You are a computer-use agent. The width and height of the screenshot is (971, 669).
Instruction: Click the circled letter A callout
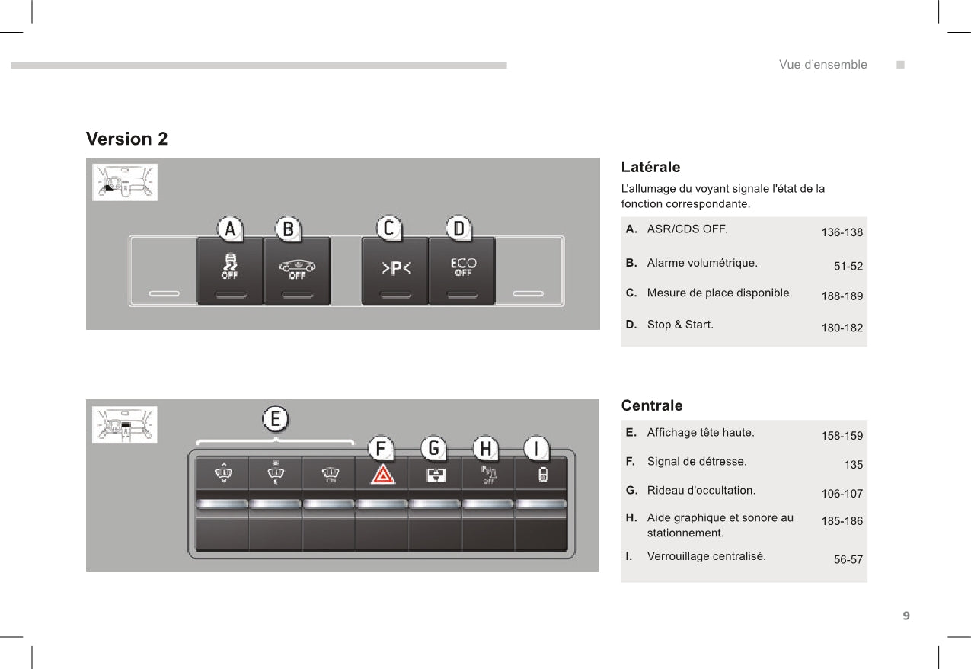click(x=230, y=229)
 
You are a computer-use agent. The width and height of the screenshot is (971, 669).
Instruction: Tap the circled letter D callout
click(x=458, y=229)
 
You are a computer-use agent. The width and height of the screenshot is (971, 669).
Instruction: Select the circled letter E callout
click(x=275, y=419)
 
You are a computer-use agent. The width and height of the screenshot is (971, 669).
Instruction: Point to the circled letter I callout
click(x=537, y=448)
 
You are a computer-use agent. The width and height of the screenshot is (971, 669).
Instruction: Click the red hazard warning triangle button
click(x=383, y=474)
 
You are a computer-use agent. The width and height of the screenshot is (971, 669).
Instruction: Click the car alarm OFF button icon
click(x=297, y=269)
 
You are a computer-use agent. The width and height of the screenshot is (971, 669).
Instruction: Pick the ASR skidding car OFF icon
click(x=230, y=266)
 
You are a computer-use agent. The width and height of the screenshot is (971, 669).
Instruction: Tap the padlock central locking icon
click(x=543, y=475)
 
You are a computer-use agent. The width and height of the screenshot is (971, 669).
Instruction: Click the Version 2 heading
click(x=126, y=139)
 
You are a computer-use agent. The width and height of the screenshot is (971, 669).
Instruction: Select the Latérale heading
click(x=650, y=167)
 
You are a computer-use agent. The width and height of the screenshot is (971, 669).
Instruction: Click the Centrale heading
click(x=652, y=405)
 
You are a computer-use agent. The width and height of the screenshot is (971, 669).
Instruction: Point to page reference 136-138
click(x=842, y=232)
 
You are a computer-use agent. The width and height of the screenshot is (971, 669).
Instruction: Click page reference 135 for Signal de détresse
click(x=854, y=465)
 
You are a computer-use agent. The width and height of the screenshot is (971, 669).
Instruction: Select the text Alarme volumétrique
click(x=702, y=263)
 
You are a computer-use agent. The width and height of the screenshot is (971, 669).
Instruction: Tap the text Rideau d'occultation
click(x=701, y=491)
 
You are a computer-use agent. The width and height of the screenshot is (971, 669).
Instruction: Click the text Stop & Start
click(x=680, y=325)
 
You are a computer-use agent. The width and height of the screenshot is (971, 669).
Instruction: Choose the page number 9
click(x=906, y=616)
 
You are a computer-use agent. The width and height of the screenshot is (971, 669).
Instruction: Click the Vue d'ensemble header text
click(x=822, y=65)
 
